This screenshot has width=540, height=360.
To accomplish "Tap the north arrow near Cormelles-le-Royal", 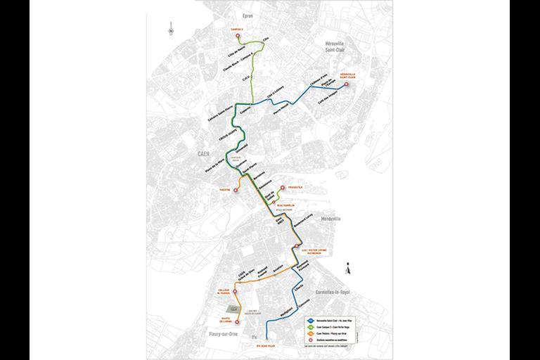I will (350, 265).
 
